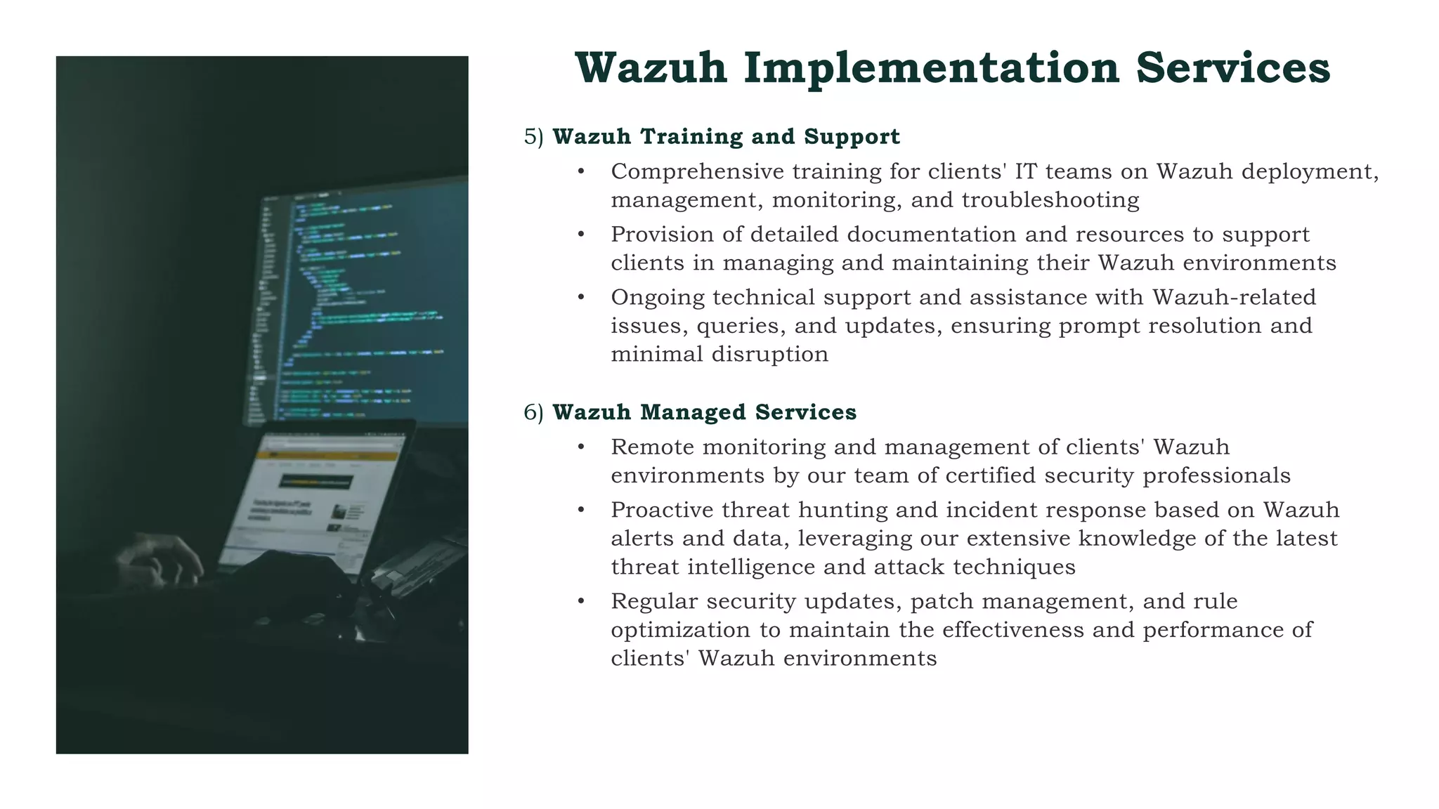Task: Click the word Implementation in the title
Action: point(932,69)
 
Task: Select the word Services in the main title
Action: point(1233,69)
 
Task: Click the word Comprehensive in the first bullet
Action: point(697,172)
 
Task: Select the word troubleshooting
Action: point(1050,200)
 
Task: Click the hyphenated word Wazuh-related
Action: point(1235,298)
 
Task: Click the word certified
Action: point(991,475)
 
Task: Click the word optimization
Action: point(681,630)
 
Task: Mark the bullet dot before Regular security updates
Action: point(581,602)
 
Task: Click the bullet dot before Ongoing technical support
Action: point(581,298)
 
